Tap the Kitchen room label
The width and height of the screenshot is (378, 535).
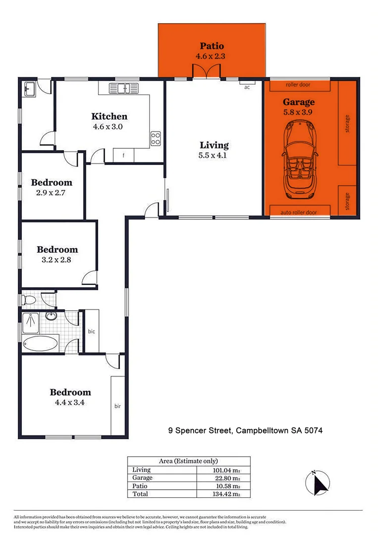tap(109, 116)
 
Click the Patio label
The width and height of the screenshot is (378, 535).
tap(212, 47)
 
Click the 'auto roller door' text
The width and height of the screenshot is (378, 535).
tap(298, 212)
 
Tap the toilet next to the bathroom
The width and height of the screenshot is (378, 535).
tap(29, 300)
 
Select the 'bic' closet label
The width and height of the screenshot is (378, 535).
tap(91, 331)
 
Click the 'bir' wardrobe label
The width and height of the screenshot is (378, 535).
tap(118, 406)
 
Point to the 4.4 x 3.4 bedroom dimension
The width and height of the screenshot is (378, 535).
tap(70, 403)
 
